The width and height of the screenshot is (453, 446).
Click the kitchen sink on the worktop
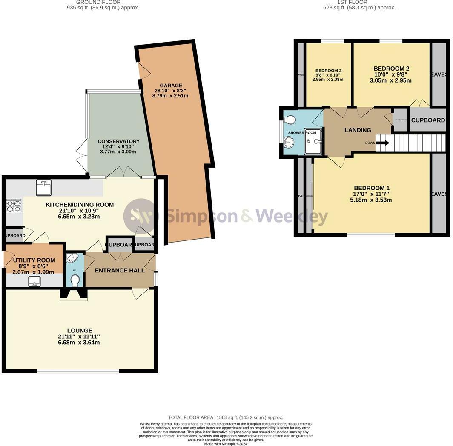[x=43, y=188]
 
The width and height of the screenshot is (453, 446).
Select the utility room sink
[x=34, y=281]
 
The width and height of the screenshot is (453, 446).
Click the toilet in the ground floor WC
[x=75, y=280]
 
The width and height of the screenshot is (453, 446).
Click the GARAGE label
[x=171, y=86]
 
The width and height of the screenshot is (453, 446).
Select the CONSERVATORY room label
[x=118, y=141]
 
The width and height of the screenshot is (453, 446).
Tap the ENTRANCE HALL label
[x=119, y=270]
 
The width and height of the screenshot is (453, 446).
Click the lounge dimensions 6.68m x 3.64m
[x=80, y=342]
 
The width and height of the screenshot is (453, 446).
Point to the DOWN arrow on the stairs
[x=382, y=143]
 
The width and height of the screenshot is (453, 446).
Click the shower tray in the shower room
[x=314, y=140]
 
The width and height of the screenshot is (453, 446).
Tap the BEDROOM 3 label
[x=328, y=71]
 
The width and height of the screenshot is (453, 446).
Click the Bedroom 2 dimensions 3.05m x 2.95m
[x=390, y=80]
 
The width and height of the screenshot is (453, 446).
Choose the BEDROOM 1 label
[x=371, y=188]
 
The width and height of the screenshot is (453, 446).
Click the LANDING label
[x=358, y=130]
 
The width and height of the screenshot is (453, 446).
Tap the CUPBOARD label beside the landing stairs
[x=427, y=120]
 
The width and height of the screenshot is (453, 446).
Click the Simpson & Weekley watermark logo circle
[x=140, y=216]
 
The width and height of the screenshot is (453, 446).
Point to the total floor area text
[x=226, y=417]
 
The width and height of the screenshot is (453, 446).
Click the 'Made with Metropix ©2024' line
[x=226, y=444]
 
